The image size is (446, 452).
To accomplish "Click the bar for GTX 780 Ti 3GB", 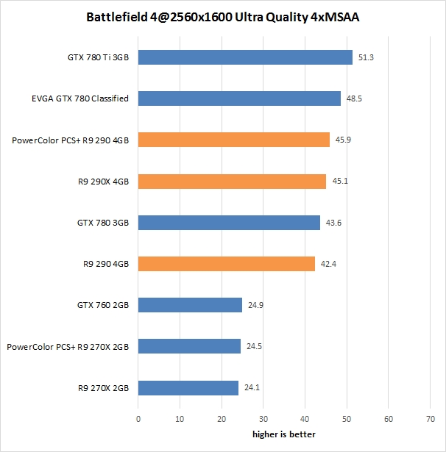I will pos(245,57).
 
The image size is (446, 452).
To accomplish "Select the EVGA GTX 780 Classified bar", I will pos(239,98).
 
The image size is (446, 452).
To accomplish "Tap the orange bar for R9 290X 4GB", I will pos(232,182).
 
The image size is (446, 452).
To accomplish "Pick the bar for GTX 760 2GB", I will pos(190,305).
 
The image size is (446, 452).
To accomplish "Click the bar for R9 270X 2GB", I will pos(188,388).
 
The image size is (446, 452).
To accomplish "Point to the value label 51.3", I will pos(366,57).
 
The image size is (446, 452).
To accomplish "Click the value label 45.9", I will pos(343,140).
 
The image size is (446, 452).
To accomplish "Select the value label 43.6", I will pos(333,223).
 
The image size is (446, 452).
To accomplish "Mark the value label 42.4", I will pos(328,264).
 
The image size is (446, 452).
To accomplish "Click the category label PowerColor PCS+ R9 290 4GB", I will pos(71,140).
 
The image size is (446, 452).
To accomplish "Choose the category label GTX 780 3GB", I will pos(103,223).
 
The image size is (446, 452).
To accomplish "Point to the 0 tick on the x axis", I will pos(138,419).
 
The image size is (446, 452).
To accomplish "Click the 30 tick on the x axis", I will pos(263,419).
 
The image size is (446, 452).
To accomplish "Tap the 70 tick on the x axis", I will pos(431,419).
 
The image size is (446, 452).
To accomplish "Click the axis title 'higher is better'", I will pos(284,434).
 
